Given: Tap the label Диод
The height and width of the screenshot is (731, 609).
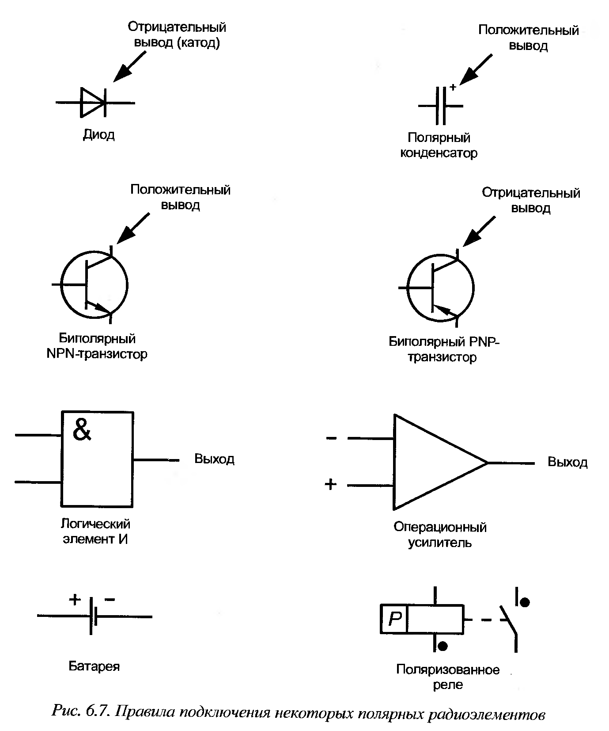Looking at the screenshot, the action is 99,134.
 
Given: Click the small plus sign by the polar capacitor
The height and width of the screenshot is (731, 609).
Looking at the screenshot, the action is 453,87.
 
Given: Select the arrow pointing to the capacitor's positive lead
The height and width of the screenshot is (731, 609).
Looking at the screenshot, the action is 475,69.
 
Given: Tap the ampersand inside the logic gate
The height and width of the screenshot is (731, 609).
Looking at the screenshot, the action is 82,429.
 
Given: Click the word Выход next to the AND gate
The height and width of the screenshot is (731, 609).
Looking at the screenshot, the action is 214,459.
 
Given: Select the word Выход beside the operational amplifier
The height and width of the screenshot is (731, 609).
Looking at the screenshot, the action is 567,462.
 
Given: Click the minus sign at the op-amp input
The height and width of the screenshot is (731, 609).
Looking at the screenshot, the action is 331,438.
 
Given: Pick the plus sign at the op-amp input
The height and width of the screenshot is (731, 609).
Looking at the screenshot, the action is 330,485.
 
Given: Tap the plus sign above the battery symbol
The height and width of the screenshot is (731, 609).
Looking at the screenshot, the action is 75,600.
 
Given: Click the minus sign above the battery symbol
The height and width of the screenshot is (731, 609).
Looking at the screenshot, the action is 110,600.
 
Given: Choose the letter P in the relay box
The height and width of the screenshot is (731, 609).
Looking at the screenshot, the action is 395,619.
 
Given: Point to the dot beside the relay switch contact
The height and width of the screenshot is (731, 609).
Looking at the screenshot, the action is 524,602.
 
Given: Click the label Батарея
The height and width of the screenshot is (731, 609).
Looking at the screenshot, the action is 94,666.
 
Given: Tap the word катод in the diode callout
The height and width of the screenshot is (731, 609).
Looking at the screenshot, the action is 197,43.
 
